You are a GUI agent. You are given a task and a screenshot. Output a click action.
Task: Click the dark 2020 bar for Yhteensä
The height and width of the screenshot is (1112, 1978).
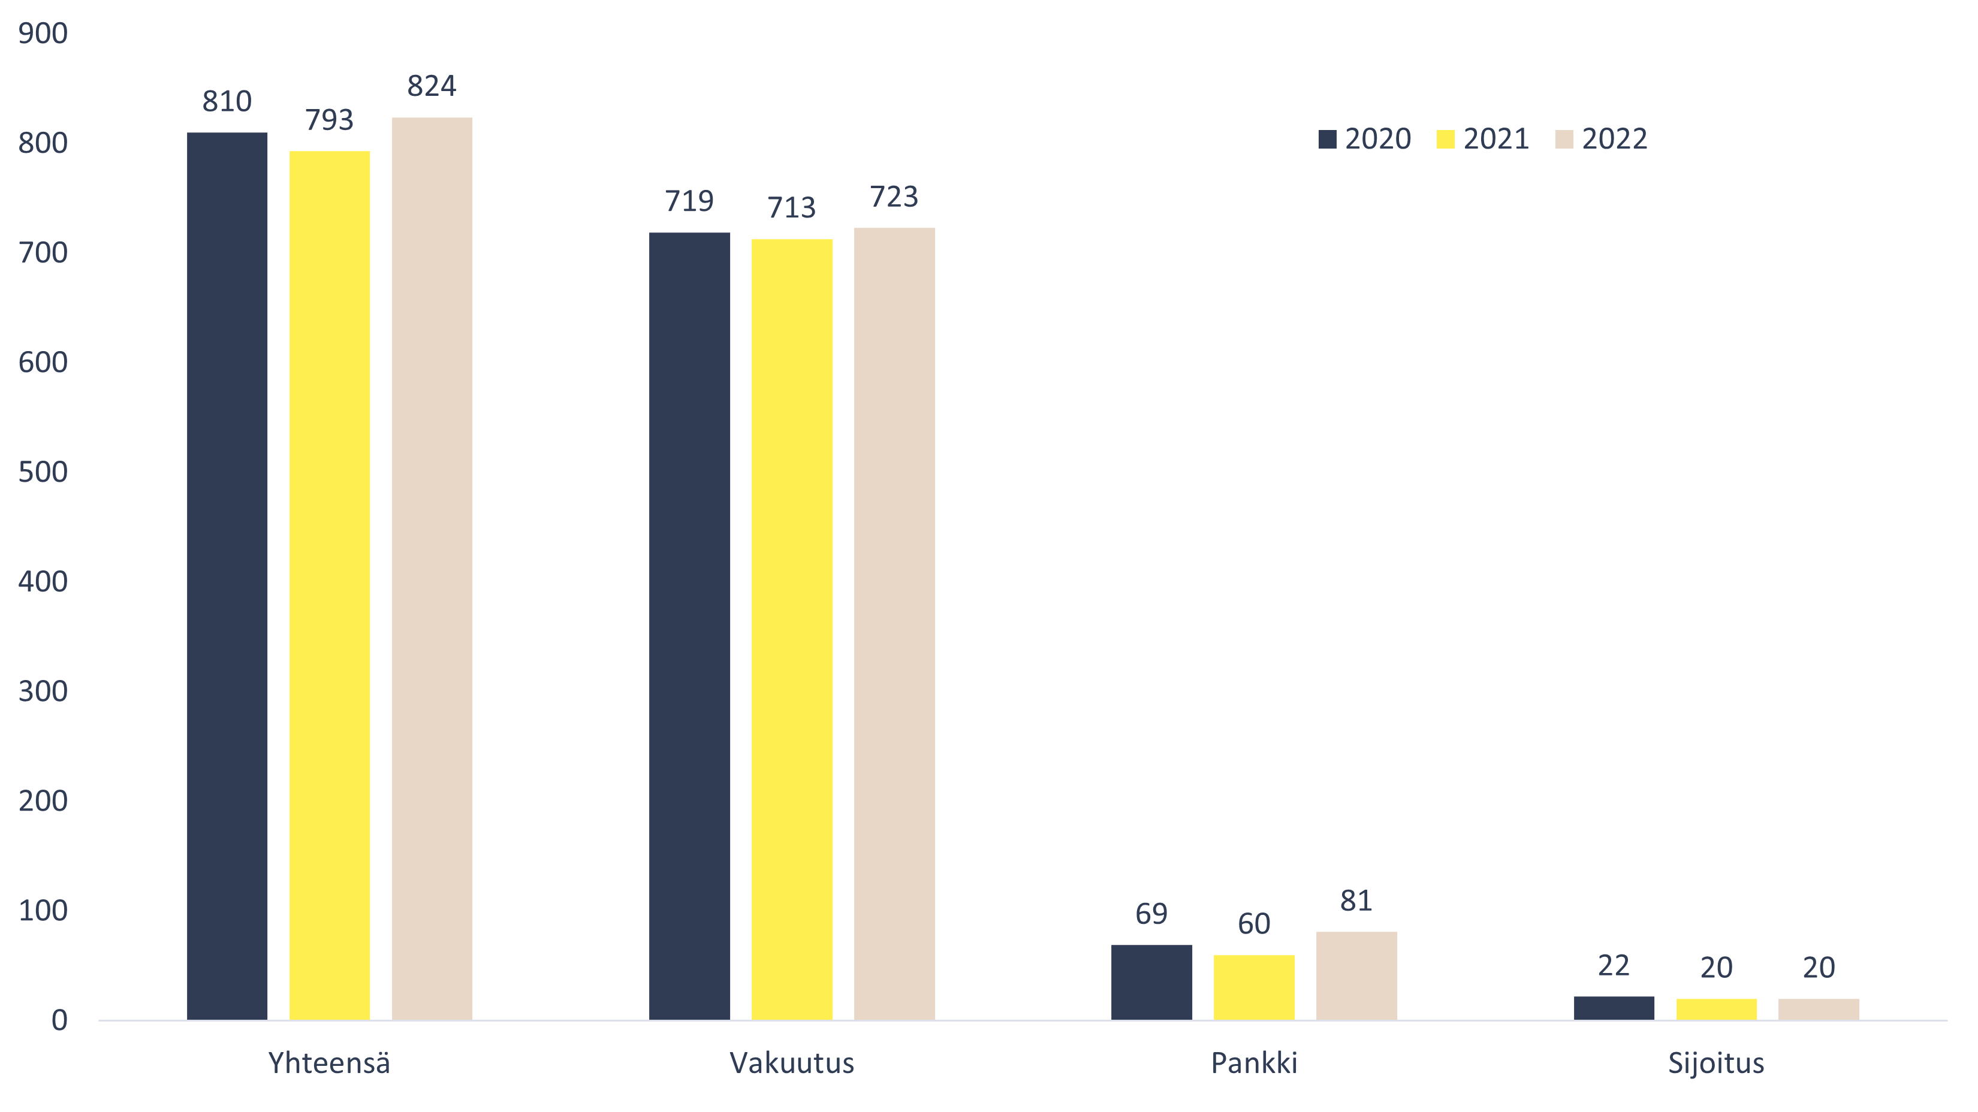point(227,576)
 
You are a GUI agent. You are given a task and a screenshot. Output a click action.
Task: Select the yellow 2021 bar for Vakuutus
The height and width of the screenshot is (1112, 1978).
point(792,629)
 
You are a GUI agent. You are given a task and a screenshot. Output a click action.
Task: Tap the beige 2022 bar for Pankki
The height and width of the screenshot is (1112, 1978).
point(1356,975)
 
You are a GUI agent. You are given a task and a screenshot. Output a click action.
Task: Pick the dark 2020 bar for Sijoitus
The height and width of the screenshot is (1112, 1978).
point(1613,1008)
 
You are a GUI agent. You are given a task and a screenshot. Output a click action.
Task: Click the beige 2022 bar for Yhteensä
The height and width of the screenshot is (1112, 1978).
point(432,568)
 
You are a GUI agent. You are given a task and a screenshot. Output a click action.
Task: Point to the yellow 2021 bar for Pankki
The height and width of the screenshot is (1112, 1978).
point(1254,987)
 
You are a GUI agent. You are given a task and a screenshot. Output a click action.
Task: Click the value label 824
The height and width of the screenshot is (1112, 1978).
point(432,86)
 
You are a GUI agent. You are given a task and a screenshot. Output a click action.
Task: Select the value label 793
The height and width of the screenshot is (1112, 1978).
point(330,120)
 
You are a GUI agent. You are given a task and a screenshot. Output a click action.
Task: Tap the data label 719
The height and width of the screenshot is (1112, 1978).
point(689,201)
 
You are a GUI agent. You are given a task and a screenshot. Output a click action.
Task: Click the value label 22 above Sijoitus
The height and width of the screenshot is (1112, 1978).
point(1613,965)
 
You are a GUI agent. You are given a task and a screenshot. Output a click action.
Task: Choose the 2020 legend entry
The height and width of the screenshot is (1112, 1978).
point(1365,139)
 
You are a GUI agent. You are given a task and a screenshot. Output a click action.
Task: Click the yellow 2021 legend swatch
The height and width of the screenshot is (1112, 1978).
point(1445,139)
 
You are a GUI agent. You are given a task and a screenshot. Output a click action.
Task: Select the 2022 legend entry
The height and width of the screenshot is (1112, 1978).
point(1602,139)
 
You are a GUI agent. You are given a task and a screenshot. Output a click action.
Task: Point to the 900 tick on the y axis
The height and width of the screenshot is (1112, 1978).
point(43,34)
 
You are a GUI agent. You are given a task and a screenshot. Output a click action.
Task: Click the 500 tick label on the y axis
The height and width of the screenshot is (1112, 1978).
point(43,472)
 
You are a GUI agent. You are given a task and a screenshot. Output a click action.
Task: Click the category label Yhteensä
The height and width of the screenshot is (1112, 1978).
point(330,1063)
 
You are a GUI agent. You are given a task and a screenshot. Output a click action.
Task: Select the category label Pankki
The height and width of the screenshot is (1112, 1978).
point(1254,1063)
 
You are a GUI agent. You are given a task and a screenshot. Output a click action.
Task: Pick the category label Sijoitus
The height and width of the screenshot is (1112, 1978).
point(1716,1063)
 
